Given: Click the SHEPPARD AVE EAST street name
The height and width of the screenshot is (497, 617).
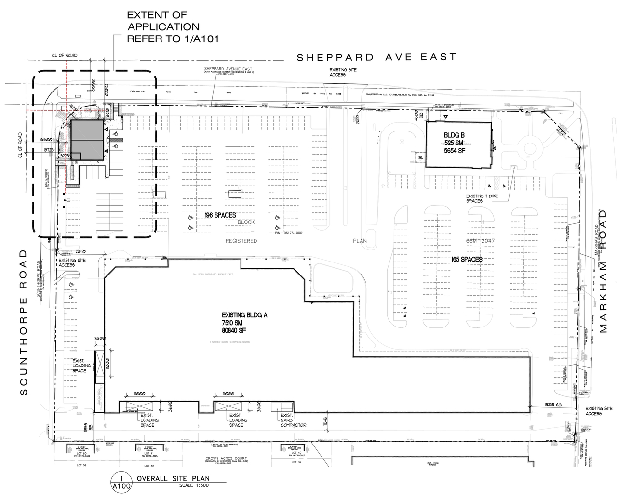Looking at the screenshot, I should pos(376,57).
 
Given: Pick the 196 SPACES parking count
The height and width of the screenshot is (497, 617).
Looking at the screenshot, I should pos(220,215).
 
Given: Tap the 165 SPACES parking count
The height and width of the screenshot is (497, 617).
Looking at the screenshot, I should pos(467,259).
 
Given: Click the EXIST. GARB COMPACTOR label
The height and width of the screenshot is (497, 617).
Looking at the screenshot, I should pos(293,420).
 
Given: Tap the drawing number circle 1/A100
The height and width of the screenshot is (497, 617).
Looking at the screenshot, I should pos(121,482).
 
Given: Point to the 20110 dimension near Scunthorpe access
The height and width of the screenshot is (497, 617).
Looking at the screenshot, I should pos(80,251).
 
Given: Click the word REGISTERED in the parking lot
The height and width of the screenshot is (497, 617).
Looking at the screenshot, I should pos(241,241).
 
